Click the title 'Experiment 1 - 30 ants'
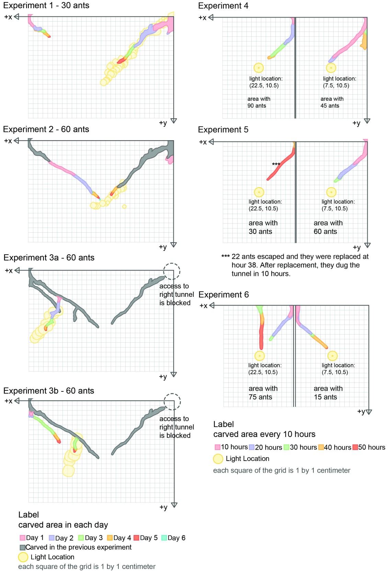46,5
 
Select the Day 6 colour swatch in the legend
164,538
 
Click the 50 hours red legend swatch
355,447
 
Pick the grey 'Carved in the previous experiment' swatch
22,547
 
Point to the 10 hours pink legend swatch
217,447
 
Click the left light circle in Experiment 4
259,68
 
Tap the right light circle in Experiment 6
332,356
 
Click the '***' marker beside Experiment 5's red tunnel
276,164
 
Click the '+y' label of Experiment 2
163,247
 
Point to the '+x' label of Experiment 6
203,305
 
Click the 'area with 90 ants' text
259,102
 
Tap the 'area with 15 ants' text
328,392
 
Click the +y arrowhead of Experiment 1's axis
174,121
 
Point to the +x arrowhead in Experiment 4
211,17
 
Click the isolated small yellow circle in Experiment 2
124,206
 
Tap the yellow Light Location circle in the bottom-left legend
23,557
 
